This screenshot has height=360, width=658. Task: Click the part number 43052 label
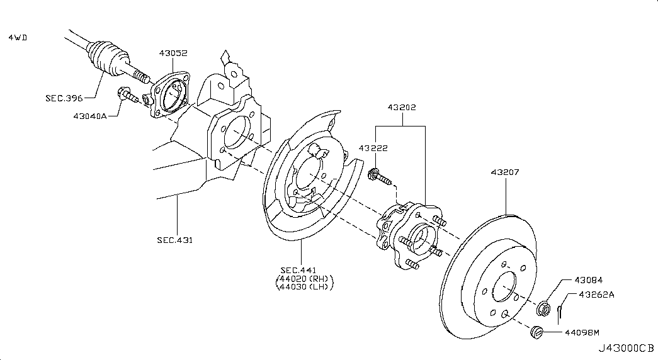click(x=173, y=53)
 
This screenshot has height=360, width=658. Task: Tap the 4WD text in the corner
click(x=18, y=37)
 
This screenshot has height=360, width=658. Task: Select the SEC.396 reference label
click(x=64, y=98)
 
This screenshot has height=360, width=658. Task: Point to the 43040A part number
click(x=90, y=116)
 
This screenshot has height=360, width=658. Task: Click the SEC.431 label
click(x=175, y=240)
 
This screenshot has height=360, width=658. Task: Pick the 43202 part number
click(x=402, y=108)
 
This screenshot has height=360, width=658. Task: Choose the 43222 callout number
click(x=373, y=148)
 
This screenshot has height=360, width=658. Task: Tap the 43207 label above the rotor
click(x=505, y=172)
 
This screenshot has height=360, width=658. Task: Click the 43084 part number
click(x=588, y=280)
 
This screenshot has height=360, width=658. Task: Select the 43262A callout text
click(x=596, y=295)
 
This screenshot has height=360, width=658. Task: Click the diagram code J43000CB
click(x=626, y=348)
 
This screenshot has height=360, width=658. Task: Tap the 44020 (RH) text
click(x=304, y=279)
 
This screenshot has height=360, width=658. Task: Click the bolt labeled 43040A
click(x=128, y=96)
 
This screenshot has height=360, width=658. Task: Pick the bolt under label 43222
click(x=380, y=177)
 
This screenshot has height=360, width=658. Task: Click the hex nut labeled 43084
click(x=543, y=308)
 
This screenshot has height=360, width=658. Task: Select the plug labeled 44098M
click(x=536, y=332)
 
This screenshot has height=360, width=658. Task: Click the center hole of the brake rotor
click(x=504, y=287)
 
